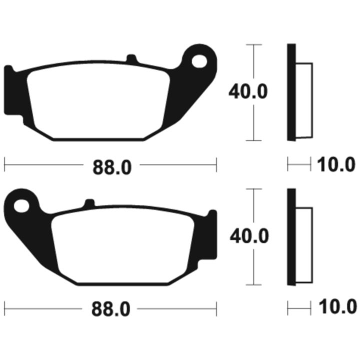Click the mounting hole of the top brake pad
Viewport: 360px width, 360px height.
(x=199, y=61)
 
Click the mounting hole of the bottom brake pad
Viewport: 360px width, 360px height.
(x=21, y=206)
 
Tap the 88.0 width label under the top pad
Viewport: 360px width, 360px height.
(x=112, y=168)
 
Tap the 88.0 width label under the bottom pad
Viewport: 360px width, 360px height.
(x=111, y=309)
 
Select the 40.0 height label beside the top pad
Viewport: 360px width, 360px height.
(x=248, y=91)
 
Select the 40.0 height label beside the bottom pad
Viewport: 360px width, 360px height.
(x=249, y=236)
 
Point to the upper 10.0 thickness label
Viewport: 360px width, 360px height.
(x=336, y=164)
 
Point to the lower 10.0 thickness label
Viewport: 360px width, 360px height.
(x=337, y=306)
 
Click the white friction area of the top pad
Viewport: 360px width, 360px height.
(x=98, y=101)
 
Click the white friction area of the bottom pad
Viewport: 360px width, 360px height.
(x=123, y=245)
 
